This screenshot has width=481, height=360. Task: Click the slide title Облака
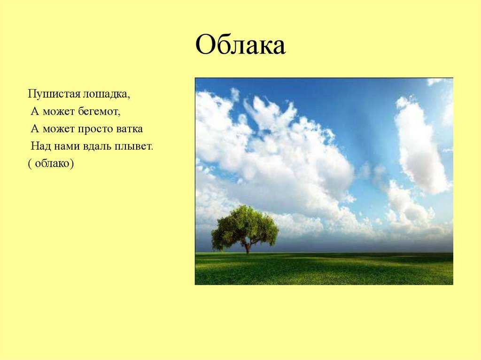tap(240, 45)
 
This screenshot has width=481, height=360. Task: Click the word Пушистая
tap(54, 93)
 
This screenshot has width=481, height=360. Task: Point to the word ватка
tap(130, 129)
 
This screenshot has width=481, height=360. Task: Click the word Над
tap(41, 146)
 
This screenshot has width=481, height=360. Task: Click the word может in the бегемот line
tap(59, 112)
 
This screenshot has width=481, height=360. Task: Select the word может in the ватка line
tap(59, 129)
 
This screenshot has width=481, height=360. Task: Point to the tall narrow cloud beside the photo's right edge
tap(420, 144)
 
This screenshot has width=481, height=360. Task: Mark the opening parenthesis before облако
tap(30, 164)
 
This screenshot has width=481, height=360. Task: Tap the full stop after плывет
tap(152, 150)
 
